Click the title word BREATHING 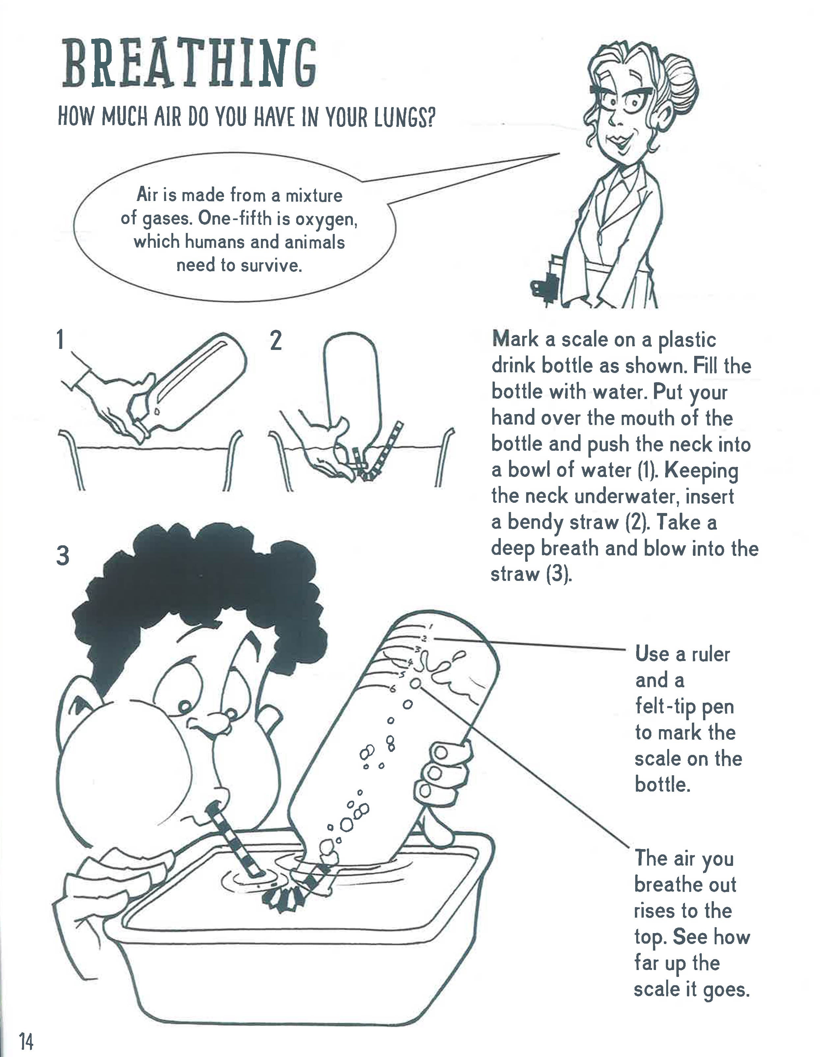pos(190,64)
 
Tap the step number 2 pos(275,341)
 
